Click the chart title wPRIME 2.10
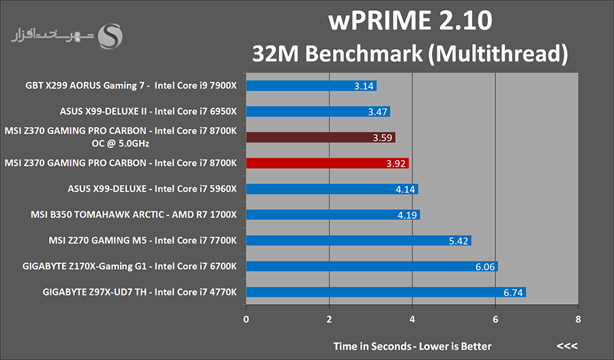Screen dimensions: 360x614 click(x=409, y=20)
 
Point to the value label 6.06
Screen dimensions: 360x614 click(x=485, y=267)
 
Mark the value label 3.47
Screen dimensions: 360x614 click(x=377, y=112)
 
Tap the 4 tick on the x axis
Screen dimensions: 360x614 click(x=412, y=318)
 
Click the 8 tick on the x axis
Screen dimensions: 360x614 click(x=578, y=318)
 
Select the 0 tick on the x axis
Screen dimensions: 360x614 click(x=246, y=318)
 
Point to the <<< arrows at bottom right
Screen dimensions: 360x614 click(x=567, y=346)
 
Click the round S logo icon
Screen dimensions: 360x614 click(x=111, y=36)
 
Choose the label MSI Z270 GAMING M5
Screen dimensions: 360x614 click(x=143, y=241)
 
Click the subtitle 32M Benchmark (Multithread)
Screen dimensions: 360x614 click(x=409, y=52)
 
